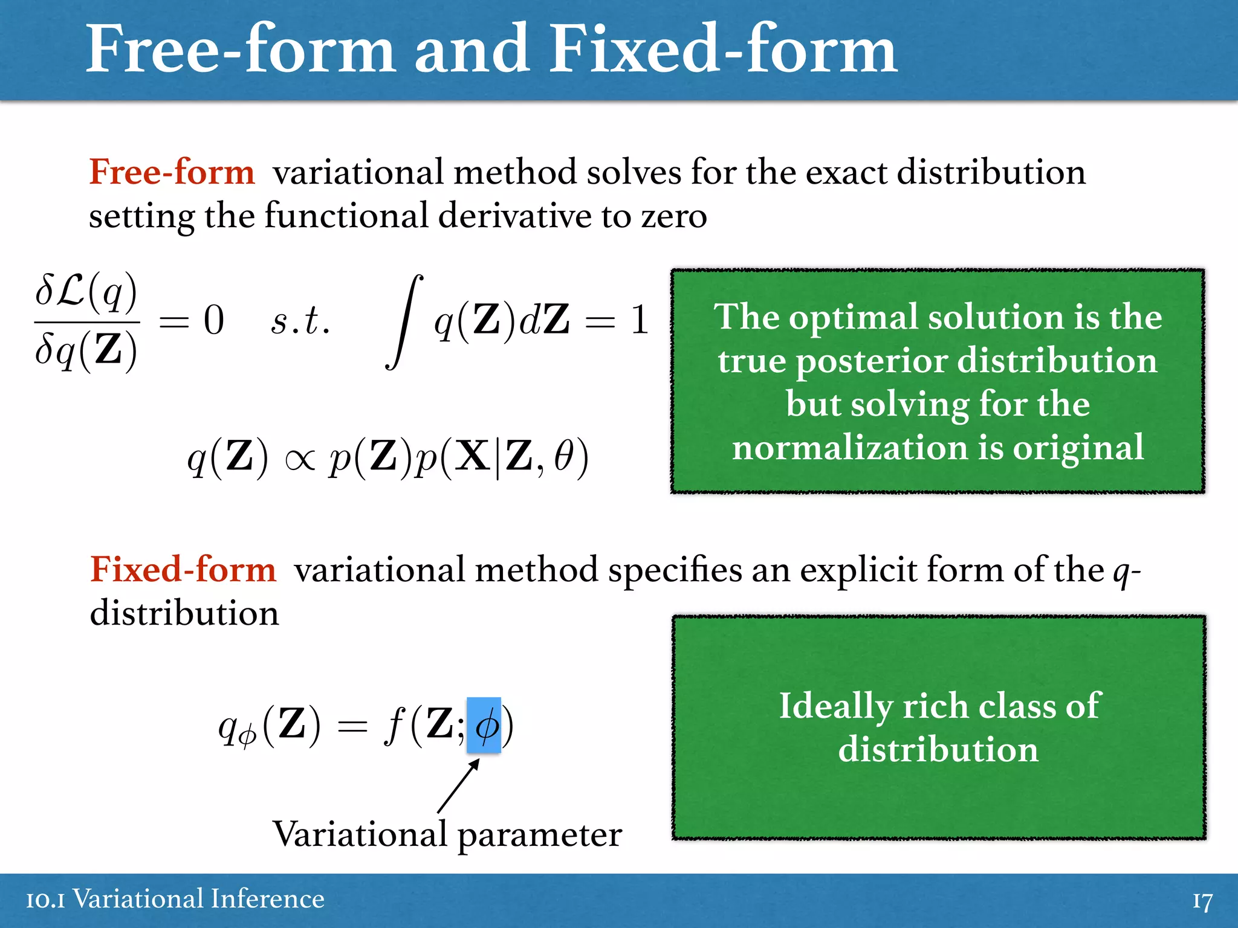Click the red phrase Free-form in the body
[x=172, y=172]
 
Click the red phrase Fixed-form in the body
[x=183, y=569]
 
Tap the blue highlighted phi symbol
[x=484, y=725]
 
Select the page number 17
[x=1202, y=901]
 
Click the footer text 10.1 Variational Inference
[x=175, y=899]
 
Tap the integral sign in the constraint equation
[x=404, y=321]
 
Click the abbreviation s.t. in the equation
[x=300, y=320]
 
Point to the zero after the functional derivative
[x=213, y=320]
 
